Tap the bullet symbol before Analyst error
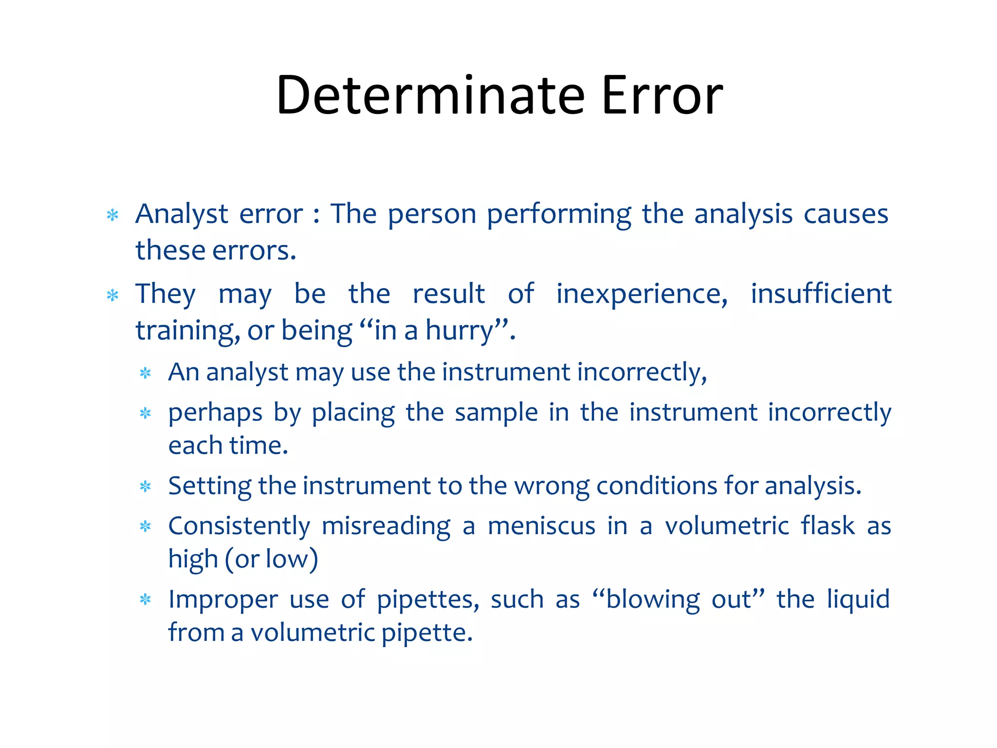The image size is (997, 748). pos(113,215)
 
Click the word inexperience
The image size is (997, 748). pos(642,294)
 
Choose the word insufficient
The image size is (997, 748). pos(821,294)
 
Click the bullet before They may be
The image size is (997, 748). pos(113,295)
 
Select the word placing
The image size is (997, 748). pos(353,413)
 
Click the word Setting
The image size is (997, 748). pos(210,486)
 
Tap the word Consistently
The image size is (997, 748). pos(239,526)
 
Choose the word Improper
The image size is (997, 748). pos(223,600)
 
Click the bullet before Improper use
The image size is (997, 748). pos(146,599)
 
